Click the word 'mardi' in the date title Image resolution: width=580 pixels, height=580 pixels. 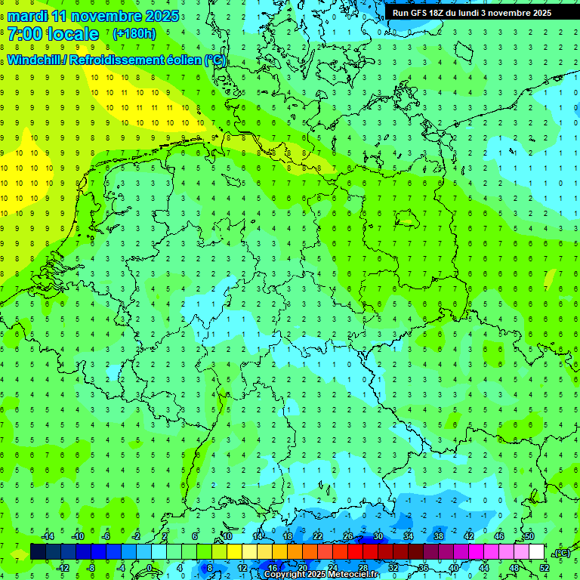tap(28, 16)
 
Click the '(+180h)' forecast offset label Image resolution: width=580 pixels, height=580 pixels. tap(134, 34)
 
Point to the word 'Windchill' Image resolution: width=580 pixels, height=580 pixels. tap(35, 60)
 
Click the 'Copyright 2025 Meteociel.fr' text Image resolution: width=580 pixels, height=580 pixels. tap(321, 574)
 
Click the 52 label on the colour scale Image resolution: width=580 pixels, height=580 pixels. tap(545, 567)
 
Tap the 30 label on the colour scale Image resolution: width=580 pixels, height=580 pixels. tap(378, 535)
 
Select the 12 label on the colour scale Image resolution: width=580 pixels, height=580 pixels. tap(242, 567)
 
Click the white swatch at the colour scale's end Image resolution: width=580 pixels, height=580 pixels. tap(536, 551)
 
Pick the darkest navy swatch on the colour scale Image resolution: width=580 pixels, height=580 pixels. tap(38, 551)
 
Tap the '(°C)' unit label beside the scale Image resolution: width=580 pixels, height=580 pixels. tap(561, 553)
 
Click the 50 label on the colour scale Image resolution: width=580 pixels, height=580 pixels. tap(529, 535)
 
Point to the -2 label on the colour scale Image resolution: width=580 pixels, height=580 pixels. tap(137, 535)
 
